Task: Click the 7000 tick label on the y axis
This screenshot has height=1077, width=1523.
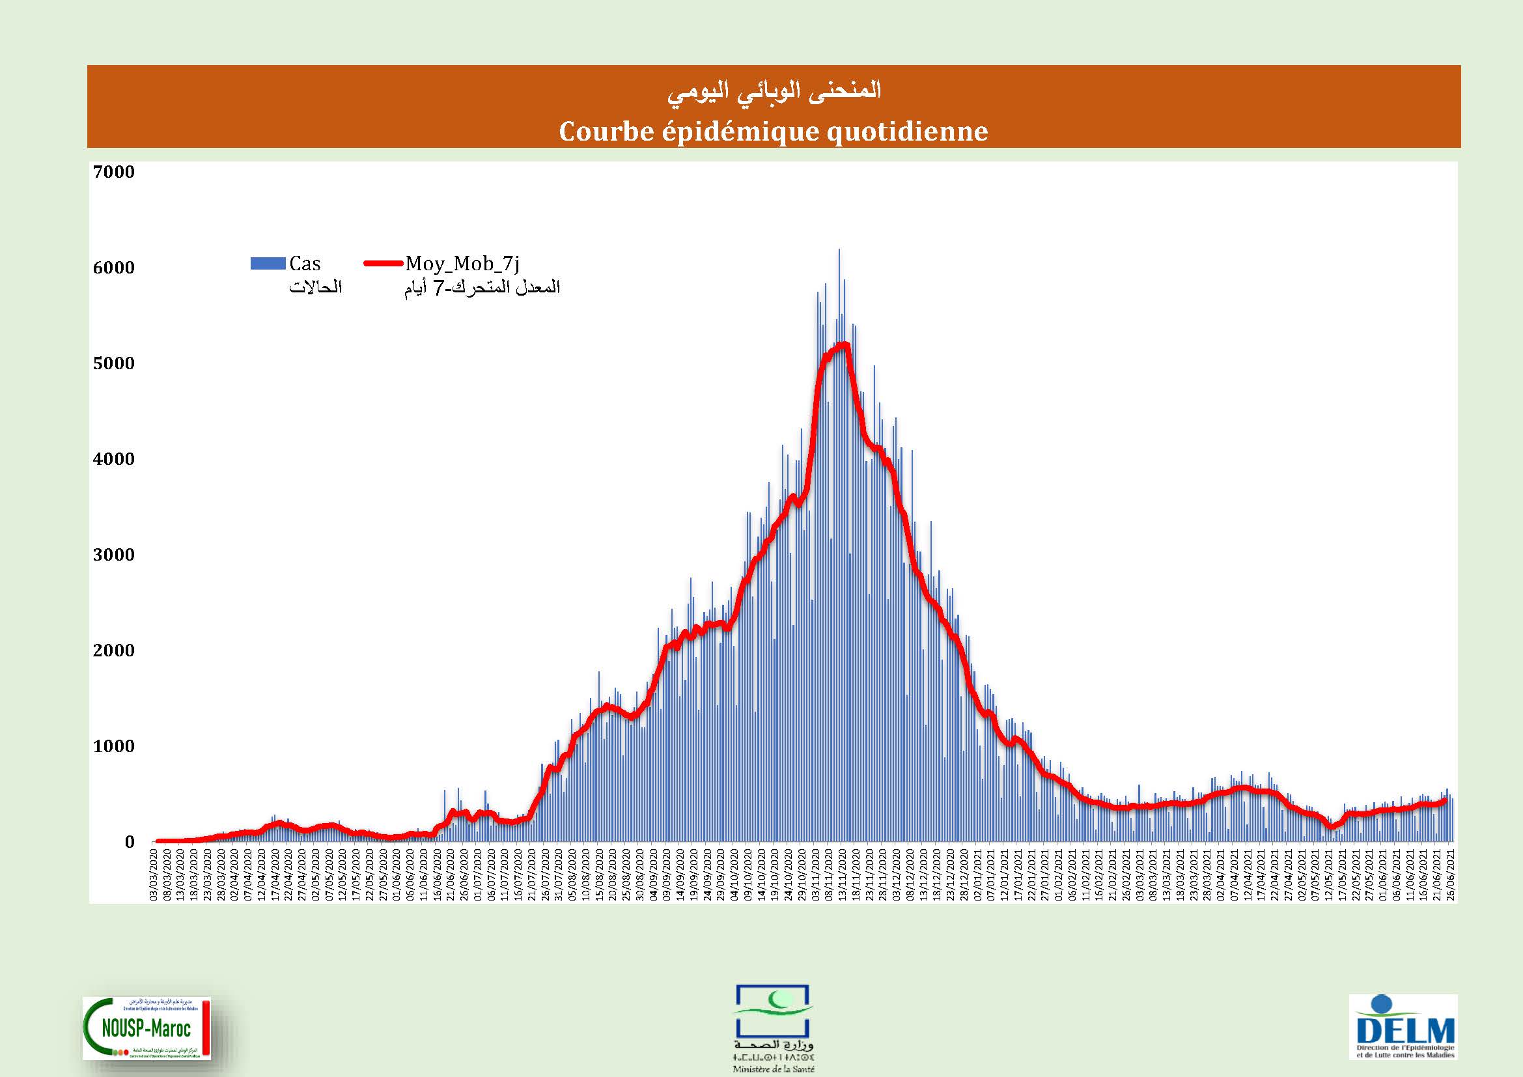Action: [x=113, y=173]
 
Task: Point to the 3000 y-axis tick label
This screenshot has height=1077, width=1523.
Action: [x=113, y=555]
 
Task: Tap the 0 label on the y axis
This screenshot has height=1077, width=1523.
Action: [x=130, y=842]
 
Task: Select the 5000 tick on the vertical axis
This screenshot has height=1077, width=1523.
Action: [x=113, y=363]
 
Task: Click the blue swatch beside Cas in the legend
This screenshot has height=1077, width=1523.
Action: [x=268, y=264]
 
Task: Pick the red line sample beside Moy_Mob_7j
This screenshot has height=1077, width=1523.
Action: [x=384, y=264]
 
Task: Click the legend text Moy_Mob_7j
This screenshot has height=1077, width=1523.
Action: [x=462, y=264]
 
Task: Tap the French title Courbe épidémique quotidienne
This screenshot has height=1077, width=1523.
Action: [x=774, y=132]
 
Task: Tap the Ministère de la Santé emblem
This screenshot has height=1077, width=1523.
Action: [x=774, y=1031]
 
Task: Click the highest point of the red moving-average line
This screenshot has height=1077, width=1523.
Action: [x=844, y=344]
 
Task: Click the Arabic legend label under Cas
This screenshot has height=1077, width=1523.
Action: [x=316, y=287]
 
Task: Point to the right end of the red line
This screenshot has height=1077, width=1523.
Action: [x=1446, y=800]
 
